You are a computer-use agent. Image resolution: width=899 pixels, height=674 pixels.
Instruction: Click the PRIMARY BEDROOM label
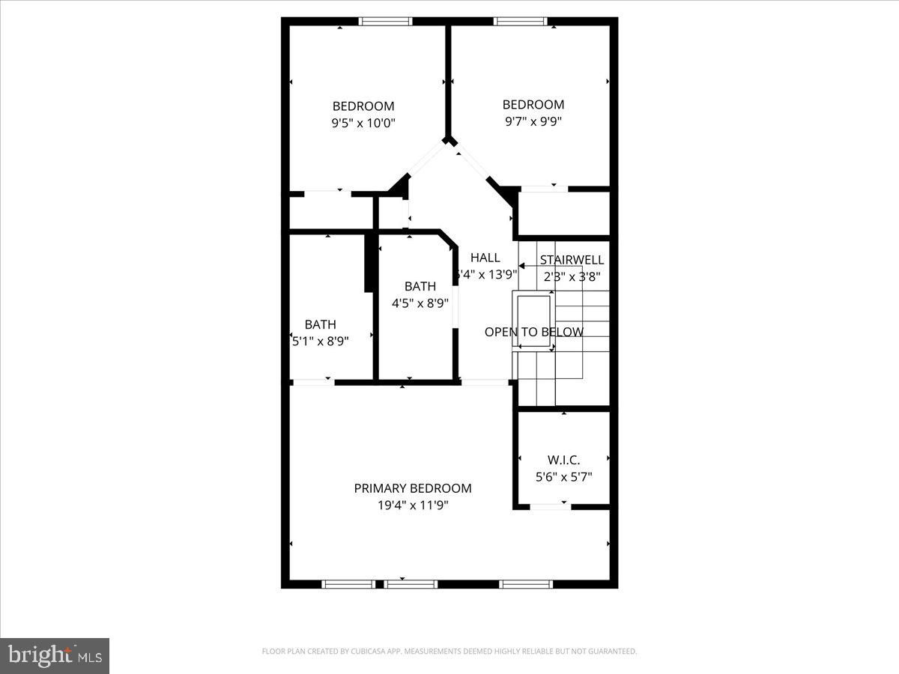click(x=413, y=488)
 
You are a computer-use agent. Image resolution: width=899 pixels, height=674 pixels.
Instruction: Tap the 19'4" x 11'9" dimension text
click(x=413, y=506)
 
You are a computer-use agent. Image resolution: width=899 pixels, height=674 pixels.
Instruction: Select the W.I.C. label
click(x=563, y=460)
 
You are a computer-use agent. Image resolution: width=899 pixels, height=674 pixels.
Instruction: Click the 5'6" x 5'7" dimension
click(x=563, y=476)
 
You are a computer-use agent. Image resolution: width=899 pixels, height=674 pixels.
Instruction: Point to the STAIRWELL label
click(x=572, y=260)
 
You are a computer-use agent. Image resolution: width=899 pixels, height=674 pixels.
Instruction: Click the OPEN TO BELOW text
click(x=533, y=332)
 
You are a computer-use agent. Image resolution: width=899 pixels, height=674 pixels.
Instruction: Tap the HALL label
click(x=485, y=258)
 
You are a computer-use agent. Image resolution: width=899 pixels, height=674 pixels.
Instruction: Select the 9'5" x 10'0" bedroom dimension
click(x=363, y=123)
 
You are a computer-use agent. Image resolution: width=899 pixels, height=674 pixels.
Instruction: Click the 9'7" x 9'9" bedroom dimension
click(x=533, y=121)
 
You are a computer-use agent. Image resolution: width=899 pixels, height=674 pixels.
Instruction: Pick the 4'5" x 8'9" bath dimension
click(x=420, y=303)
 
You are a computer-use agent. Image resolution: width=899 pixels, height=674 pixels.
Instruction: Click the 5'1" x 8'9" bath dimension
click(x=321, y=340)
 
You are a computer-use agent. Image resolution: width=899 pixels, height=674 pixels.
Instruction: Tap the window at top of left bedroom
click(x=385, y=21)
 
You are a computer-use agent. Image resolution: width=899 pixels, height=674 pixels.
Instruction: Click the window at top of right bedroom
click(x=521, y=21)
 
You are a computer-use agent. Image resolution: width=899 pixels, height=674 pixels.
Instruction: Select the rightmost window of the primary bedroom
click(x=526, y=584)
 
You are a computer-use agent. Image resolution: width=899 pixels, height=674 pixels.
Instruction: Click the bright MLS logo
click(x=55, y=655)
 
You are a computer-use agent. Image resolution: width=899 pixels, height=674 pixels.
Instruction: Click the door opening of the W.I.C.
click(x=550, y=508)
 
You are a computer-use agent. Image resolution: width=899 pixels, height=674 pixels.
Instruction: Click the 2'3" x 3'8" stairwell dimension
click(x=572, y=276)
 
